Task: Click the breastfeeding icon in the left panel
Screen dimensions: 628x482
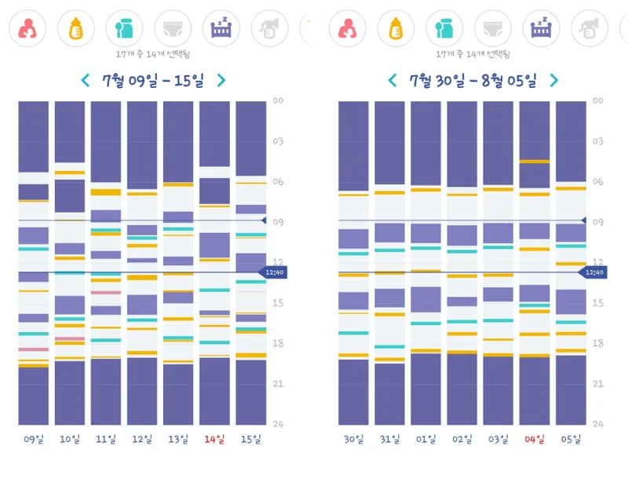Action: pyautogui.click(x=27, y=28)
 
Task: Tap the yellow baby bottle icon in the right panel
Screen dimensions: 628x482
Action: pyautogui.click(x=396, y=28)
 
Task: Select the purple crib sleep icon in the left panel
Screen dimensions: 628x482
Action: pyautogui.click(x=221, y=28)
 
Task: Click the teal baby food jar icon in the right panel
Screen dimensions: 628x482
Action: pyautogui.click(x=444, y=28)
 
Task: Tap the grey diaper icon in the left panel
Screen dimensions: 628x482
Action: pyautogui.click(x=173, y=28)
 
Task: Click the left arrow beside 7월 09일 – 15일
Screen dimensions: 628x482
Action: pyautogui.click(x=86, y=80)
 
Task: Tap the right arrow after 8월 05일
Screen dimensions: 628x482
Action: pyautogui.click(x=554, y=80)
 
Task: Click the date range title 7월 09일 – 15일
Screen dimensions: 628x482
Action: pyautogui.click(x=153, y=81)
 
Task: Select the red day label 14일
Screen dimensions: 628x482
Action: pyautogui.click(x=214, y=440)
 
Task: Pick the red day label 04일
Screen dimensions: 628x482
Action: pyautogui.click(x=535, y=440)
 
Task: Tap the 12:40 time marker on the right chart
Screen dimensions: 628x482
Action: pyautogui.click(x=593, y=272)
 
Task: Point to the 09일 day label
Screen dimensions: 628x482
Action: pyautogui.click(x=33, y=440)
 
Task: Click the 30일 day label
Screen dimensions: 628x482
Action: pyautogui.click(x=353, y=440)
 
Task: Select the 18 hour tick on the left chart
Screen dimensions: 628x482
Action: pyautogui.click(x=278, y=343)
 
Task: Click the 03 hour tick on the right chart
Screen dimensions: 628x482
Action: pyautogui.click(x=598, y=141)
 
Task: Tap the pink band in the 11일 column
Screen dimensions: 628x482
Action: pyautogui.click(x=106, y=293)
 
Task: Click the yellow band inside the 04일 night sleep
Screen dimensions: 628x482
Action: pyautogui.click(x=535, y=162)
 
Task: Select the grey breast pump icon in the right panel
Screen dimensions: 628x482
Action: pyautogui.click(x=590, y=28)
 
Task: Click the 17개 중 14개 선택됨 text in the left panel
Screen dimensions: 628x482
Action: pyautogui.click(x=152, y=54)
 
